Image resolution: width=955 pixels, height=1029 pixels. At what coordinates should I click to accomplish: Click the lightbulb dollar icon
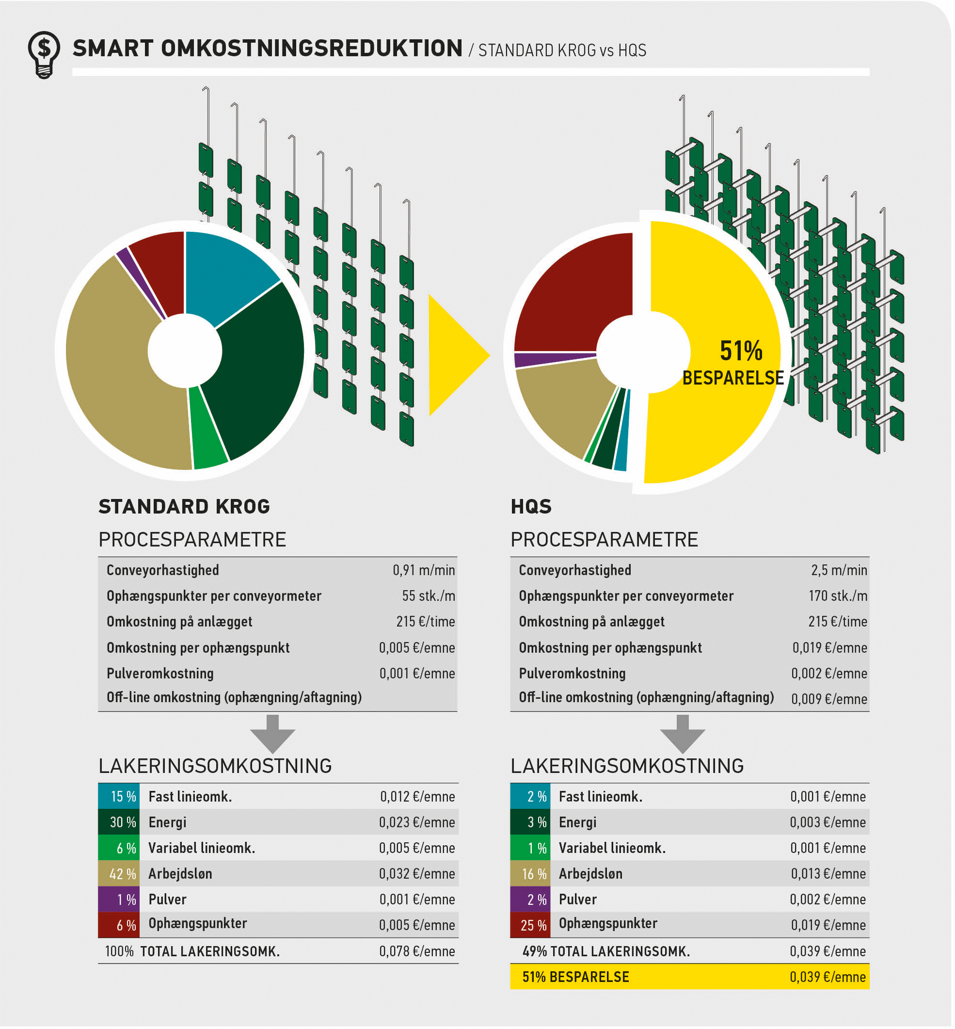(44, 54)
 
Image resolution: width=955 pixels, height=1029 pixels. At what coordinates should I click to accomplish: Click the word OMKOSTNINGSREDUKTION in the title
(311, 48)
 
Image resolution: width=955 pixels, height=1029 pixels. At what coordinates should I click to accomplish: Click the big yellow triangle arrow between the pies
(455, 354)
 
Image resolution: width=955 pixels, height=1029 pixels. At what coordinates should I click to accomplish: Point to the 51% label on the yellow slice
(741, 351)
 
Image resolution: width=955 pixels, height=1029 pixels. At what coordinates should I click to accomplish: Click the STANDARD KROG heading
(184, 506)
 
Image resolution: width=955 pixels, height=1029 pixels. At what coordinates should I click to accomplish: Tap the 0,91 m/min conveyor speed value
(423, 570)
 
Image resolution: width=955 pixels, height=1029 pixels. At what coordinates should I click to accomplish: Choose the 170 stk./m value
(837, 596)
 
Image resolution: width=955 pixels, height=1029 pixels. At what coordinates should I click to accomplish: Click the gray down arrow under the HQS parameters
(682, 734)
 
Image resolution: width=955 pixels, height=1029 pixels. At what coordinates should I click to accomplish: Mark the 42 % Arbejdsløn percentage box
(119, 874)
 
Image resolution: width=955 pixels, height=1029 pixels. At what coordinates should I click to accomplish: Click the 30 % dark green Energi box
(119, 822)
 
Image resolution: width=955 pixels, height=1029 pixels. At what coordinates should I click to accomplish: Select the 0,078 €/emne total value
(416, 951)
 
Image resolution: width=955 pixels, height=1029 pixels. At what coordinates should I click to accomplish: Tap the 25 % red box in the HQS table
(530, 925)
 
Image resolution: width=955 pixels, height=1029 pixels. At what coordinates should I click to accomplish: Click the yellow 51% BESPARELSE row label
(576, 977)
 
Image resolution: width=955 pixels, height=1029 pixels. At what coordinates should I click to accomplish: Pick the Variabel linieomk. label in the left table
(202, 848)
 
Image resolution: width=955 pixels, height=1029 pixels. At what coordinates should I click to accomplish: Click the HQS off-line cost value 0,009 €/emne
(829, 699)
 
